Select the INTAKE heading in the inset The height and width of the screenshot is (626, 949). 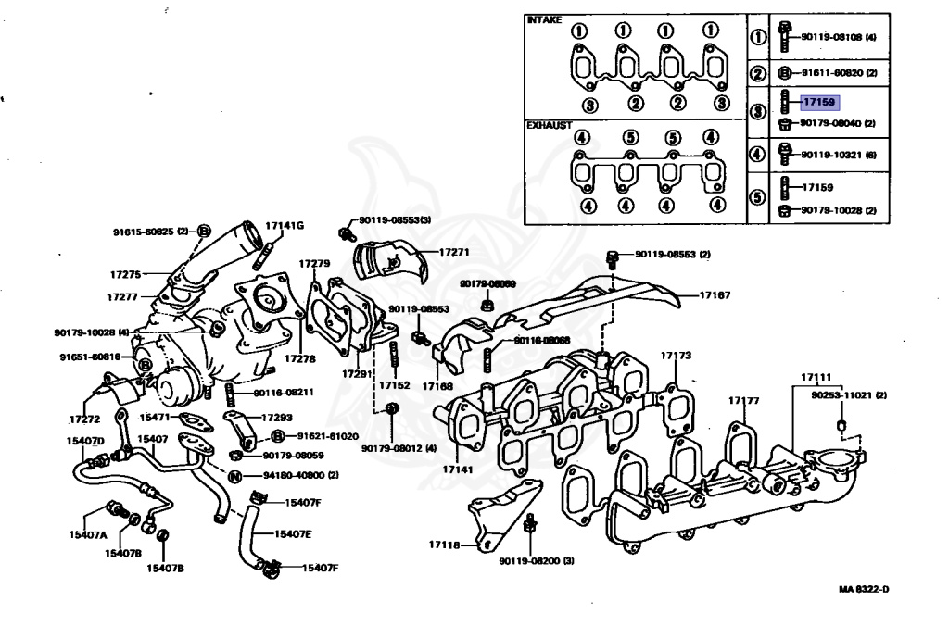point(544,19)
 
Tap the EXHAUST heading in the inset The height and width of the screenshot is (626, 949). point(548,124)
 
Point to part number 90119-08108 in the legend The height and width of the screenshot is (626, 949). point(831,38)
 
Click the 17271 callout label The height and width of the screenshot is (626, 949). point(454,251)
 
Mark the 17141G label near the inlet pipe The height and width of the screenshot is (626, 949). point(285,225)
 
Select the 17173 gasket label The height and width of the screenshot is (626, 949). point(676,356)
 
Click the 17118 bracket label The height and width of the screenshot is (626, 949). point(444,545)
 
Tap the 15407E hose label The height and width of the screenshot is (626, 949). point(293,534)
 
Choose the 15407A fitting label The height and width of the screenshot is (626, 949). point(86,535)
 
